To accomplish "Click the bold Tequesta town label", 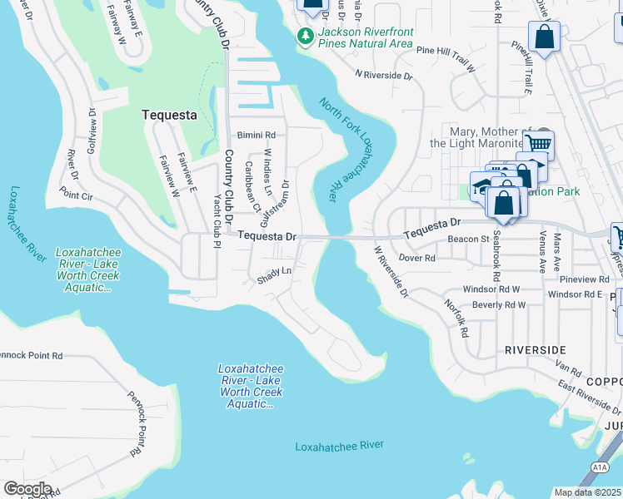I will [x=169, y=115].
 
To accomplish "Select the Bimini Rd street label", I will [x=256, y=135].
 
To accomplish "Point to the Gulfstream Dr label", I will [x=277, y=204].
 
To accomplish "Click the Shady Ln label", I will [x=275, y=271].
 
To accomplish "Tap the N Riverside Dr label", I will [x=384, y=75].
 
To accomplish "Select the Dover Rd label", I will [x=417, y=258].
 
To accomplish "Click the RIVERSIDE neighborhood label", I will [x=536, y=350].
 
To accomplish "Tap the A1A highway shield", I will [x=601, y=468].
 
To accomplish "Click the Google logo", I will [x=27, y=489].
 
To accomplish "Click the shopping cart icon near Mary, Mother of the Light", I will [x=541, y=144].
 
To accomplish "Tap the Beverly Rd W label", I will [x=498, y=305].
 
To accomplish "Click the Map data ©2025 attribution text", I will [x=587, y=492].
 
